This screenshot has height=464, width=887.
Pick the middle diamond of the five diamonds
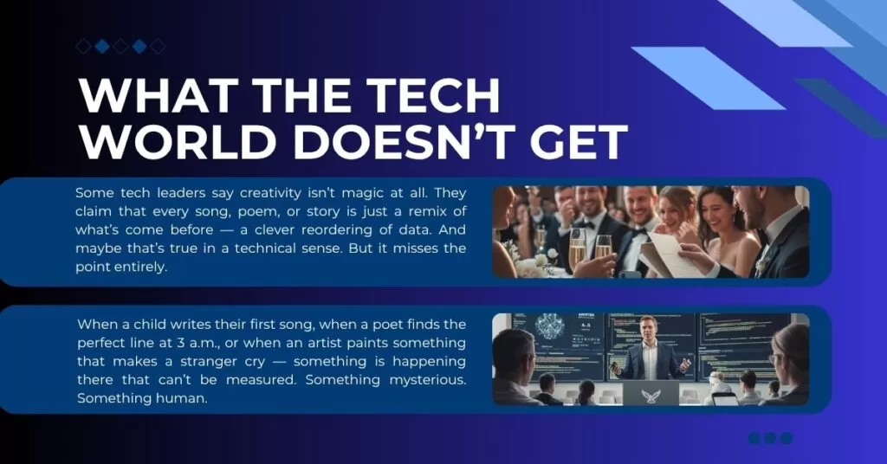(x=120, y=46)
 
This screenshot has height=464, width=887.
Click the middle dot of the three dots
(x=770, y=438)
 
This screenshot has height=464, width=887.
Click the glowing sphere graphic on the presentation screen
(x=548, y=328)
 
